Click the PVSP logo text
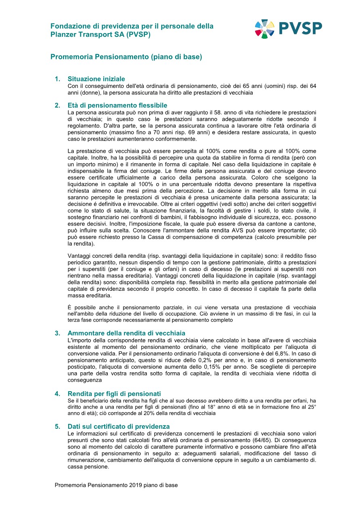(x=300, y=28)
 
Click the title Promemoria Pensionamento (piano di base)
(x=126, y=57)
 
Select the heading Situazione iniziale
(x=96, y=79)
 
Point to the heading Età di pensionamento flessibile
(x=117, y=105)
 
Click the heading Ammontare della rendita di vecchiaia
(x=126, y=333)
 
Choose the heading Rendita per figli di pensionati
(x=114, y=394)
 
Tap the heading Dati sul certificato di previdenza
(x=119, y=426)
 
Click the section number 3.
(x=57, y=333)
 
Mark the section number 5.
(x=57, y=426)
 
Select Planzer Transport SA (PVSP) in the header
(x=100, y=35)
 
